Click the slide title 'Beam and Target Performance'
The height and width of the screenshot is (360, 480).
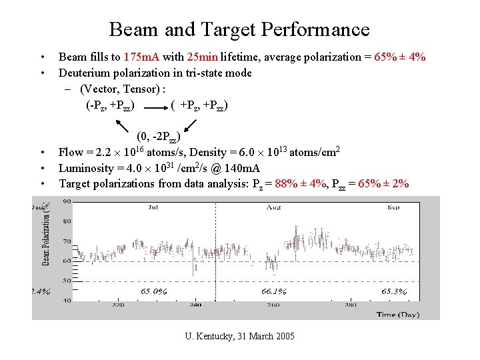pos(239,29)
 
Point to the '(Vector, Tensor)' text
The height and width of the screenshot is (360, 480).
pos(122,89)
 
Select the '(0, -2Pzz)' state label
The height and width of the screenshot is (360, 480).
pos(158,138)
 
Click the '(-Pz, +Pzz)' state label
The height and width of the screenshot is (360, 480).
pos(111,105)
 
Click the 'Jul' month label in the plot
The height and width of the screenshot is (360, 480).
pos(153,207)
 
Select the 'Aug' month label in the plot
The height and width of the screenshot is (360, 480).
pos(273,207)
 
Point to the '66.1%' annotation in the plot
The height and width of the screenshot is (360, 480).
pos(273,291)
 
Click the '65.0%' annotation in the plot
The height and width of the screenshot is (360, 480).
pos(153,291)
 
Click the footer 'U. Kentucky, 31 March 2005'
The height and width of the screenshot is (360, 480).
pos(239,335)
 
